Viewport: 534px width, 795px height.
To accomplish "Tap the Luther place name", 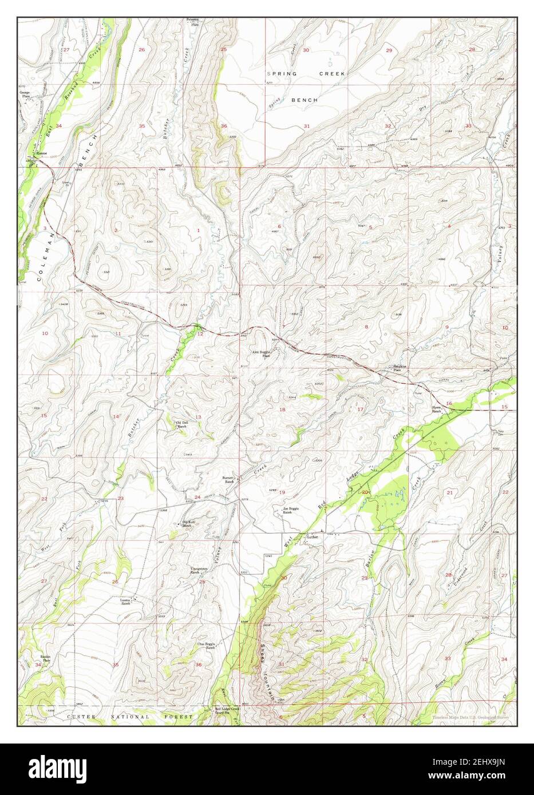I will click(312, 537).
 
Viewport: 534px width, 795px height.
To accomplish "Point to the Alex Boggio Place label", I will click(262, 354).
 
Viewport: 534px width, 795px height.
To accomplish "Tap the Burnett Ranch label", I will click(230, 480).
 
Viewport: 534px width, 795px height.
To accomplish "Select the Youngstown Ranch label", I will click(199, 570).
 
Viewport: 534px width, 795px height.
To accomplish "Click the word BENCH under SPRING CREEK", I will click(304, 100).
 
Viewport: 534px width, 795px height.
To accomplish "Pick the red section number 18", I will click(282, 410).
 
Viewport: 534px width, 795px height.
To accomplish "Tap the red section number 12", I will click(200, 333).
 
